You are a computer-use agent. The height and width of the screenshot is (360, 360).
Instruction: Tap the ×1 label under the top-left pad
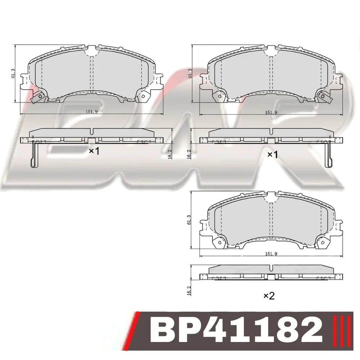[x=94, y=151]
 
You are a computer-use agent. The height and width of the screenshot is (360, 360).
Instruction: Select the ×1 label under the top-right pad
[x=273, y=154]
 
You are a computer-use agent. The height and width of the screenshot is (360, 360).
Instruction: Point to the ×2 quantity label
[x=269, y=296]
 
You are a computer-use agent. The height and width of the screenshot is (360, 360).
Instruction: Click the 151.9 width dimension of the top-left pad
[x=92, y=112]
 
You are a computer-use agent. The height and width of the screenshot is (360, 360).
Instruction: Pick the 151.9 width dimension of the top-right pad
[x=271, y=112]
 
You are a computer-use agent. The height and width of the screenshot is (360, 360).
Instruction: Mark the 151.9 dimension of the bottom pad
[x=271, y=254]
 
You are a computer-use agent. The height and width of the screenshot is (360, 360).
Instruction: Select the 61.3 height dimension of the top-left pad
[x=13, y=73]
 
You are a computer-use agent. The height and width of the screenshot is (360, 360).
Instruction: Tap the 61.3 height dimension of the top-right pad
[x=190, y=73]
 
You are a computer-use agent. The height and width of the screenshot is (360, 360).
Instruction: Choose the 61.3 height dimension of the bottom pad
[x=189, y=220]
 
